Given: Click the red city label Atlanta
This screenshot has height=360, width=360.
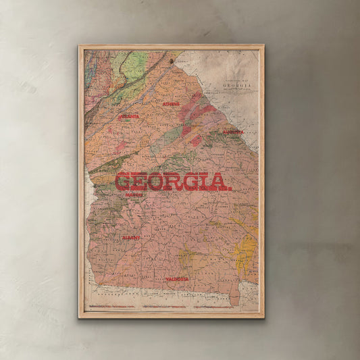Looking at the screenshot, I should click(x=129, y=117).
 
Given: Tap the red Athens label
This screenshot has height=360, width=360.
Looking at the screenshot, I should click(x=171, y=104).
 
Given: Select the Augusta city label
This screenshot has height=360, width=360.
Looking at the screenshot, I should click(x=232, y=132).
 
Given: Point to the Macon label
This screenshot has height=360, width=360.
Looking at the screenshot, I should click(x=134, y=195).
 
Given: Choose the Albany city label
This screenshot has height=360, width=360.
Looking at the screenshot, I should click(x=131, y=238).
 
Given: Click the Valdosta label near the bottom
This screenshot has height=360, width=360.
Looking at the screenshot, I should click(x=177, y=278).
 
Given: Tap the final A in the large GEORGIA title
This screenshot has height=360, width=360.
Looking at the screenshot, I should click(x=219, y=182).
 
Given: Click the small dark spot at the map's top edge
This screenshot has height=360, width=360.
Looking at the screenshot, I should click(x=171, y=61).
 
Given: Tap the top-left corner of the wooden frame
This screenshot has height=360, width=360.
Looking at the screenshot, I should click(x=80, y=46).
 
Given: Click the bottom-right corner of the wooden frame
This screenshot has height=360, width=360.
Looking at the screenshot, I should click(x=263, y=317).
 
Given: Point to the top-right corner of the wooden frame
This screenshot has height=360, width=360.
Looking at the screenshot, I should click(x=263, y=46).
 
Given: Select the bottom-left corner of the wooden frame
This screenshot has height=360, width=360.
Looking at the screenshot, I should click(x=80, y=317).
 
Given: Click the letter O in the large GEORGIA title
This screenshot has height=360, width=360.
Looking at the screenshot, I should click(x=155, y=182).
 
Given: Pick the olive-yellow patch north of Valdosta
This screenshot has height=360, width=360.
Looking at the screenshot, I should click(x=184, y=257).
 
